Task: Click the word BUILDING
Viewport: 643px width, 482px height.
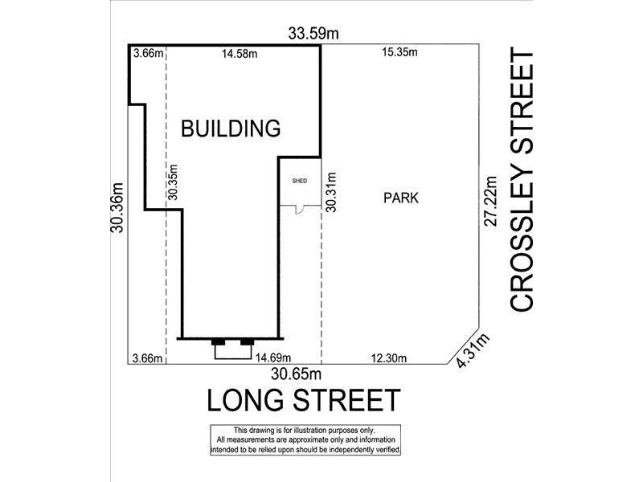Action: (x=230, y=128)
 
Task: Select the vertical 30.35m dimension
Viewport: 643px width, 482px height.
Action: (x=172, y=183)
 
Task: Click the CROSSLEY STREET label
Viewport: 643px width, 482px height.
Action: (x=522, y=182)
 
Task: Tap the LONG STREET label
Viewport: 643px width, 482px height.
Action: (x=303, y=400)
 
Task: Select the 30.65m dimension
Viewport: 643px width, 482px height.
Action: (x=297, y=374)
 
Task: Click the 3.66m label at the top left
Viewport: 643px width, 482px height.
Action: (x=147, y=54)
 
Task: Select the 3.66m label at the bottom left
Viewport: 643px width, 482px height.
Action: (x=147, y=358)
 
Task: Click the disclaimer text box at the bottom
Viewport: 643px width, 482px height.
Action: (x=305, y=440)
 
